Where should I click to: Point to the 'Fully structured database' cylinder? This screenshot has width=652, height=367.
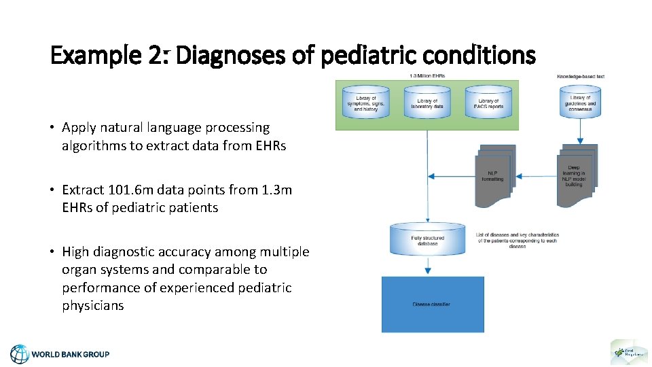point(428,239)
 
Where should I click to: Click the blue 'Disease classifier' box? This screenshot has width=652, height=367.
point(433,304)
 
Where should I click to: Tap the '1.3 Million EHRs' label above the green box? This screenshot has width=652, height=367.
point(427,75)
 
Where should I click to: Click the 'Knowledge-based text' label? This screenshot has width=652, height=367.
point(581,76)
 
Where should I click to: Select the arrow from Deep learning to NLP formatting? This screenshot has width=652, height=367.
point(537,177)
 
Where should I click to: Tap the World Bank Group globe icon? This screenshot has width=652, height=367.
point(20,354)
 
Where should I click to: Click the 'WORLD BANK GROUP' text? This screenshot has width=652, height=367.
point(71,354)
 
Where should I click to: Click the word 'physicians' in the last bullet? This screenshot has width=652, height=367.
point(93,305)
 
